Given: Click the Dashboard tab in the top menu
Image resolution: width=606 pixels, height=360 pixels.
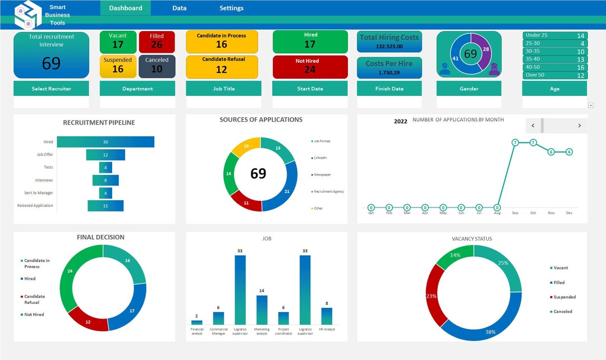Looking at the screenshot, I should [126, 8].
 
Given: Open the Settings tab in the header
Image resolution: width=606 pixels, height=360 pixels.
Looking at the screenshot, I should [231, 8].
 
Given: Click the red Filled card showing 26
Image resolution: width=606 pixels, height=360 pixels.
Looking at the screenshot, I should [157, 41].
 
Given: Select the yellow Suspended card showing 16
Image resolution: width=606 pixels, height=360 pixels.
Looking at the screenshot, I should [118, 66].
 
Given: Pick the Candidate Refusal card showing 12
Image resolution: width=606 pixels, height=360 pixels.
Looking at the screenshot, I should [222, 66].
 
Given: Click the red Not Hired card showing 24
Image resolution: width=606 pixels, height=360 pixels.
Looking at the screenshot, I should [310, 66].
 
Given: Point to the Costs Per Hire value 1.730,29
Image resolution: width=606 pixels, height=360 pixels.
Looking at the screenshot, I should [389, 73].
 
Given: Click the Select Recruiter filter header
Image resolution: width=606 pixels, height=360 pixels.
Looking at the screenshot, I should [51, 89].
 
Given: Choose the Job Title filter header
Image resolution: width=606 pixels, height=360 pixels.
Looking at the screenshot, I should [223, 89].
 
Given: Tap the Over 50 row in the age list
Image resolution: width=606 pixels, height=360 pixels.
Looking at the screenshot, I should [554, 75].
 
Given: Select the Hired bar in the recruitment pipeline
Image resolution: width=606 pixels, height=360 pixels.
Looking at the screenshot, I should [105, 142].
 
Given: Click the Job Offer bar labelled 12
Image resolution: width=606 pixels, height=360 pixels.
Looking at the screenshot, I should [105, 155].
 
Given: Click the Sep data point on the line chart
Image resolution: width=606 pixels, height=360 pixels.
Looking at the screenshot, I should [515, 142].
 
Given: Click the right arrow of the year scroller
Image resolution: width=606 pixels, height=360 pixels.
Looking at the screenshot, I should [579, 126].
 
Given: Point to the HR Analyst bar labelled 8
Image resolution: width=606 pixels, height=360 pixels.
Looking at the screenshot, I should [327, 316].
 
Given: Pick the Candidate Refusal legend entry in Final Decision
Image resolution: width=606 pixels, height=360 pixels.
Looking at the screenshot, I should [34, 299].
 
